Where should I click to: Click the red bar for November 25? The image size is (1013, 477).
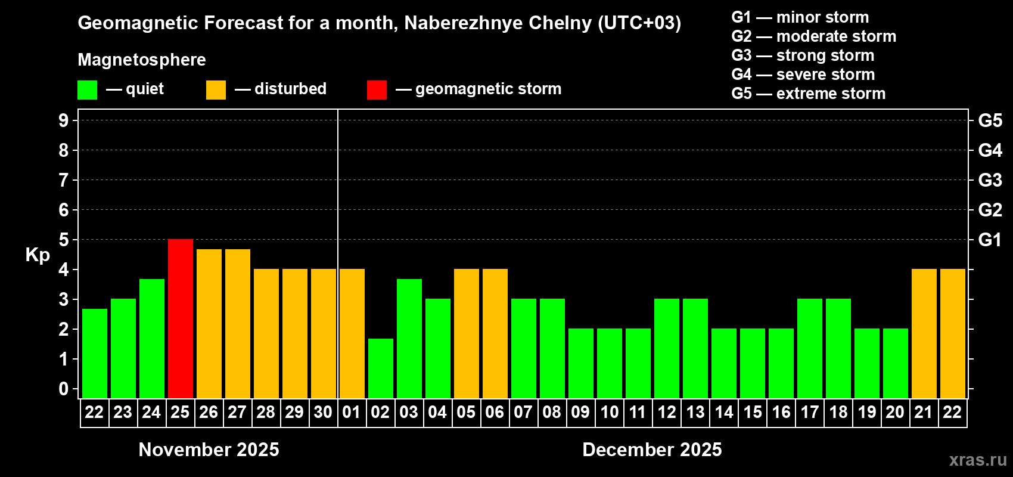(181, 318)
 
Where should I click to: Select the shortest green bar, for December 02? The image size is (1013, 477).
(381, 368)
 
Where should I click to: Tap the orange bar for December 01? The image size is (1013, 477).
(352, 333)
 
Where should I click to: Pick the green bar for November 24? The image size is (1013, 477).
(152, 338)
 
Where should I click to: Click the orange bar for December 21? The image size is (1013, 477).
(924, 333)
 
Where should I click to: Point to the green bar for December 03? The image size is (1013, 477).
(409, 338)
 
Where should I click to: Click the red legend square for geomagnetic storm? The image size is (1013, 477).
(377, 90)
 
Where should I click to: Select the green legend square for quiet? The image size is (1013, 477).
(88, 90)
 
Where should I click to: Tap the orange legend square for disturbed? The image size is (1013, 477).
(216, 90)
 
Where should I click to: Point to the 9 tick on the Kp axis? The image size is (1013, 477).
(64, 120)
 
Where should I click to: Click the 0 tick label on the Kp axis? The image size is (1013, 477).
(64, 389)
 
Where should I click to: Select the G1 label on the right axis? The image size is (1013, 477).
(990, 240)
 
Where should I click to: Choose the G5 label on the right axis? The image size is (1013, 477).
(990, 120)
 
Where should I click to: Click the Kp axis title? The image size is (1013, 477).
(38, 255)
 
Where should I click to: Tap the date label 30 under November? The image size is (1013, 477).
(323, 413)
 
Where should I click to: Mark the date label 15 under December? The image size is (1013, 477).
(753, 413)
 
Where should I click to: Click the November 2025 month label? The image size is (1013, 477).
(209, 450)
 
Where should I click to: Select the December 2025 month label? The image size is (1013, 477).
(652, 450)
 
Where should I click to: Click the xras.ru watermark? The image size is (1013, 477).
(978, 460)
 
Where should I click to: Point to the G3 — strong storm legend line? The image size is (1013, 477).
(803, 55)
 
